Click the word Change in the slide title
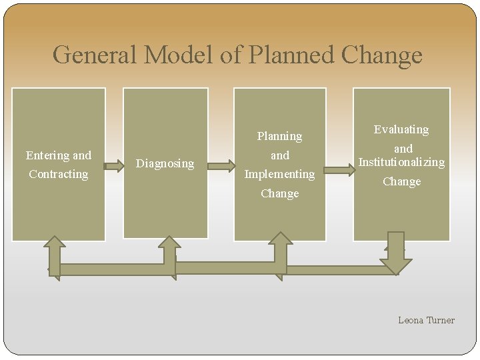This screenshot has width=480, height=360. (382, 55)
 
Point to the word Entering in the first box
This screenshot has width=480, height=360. (47, 155)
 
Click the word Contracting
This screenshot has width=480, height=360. (58, 174)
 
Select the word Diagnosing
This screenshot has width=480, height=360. (165, 163)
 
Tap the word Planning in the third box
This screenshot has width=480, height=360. (279, 136)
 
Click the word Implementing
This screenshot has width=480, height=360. (279, 174)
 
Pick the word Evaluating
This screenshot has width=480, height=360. (401, 129)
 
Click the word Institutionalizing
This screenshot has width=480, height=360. (401, 162)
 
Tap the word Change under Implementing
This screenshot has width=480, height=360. (279, 193)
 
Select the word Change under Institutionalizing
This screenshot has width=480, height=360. (401, 181)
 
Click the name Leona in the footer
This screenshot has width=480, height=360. (411, 320)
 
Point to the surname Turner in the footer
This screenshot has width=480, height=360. (441, 320)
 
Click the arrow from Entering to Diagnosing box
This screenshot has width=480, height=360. (115, 162)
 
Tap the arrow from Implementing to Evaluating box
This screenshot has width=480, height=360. (340, 169)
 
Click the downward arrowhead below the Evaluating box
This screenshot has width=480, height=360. (396, 263)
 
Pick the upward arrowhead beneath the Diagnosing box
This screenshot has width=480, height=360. (170, 243)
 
